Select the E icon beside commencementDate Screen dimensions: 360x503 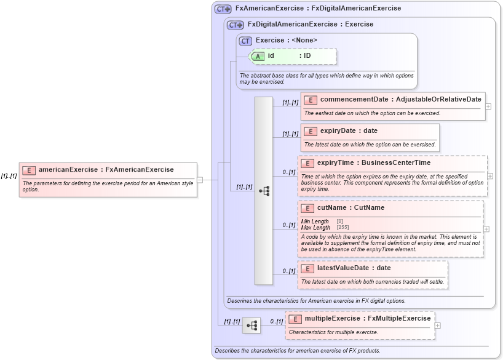click(311, 100)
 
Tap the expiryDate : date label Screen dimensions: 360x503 click(349, 131)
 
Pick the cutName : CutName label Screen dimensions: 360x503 click(351, 208)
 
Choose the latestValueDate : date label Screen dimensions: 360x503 click(354, 268)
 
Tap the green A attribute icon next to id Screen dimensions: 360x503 click(258, 56)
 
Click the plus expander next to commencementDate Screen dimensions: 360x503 click(488, 106)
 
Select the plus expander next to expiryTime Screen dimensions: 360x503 click(489, 176)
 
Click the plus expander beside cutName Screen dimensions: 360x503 click(486, 229)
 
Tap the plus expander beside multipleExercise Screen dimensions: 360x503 click(437, 326)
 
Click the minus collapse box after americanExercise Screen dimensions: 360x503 click(200, 180)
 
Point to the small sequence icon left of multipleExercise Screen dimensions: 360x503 click(251, 326)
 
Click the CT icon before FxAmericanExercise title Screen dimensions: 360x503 click(223, 9)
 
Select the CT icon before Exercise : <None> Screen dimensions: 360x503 click(245, 41)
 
